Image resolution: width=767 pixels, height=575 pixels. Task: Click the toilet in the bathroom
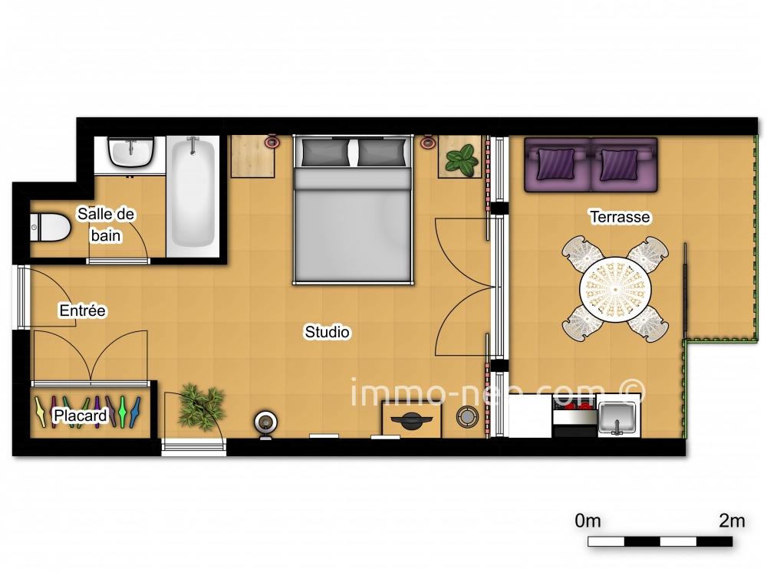click(x=48, y=227)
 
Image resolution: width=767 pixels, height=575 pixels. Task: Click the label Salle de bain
click(x=106, y=225)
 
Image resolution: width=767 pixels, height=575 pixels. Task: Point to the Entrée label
click(x=82, y=310)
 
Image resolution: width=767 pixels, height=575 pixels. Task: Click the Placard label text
click(x=80, y=416)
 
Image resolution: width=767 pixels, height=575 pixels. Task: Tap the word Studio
click(x=328, y=332)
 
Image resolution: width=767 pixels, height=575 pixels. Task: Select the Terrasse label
click(x=620, y=217)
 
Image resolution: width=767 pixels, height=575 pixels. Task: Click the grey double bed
click(x=353, y=222)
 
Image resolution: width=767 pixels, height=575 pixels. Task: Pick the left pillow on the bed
click(x=323, y=153)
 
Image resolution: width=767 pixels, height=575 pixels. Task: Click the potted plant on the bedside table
click(x=461, y=159)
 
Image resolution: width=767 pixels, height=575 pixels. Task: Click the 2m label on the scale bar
click(x=732, y=521)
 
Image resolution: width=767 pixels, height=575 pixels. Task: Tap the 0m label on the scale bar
click(x=588, y=521)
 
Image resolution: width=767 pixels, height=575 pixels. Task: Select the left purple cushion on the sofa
click(x=556, y=163)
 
